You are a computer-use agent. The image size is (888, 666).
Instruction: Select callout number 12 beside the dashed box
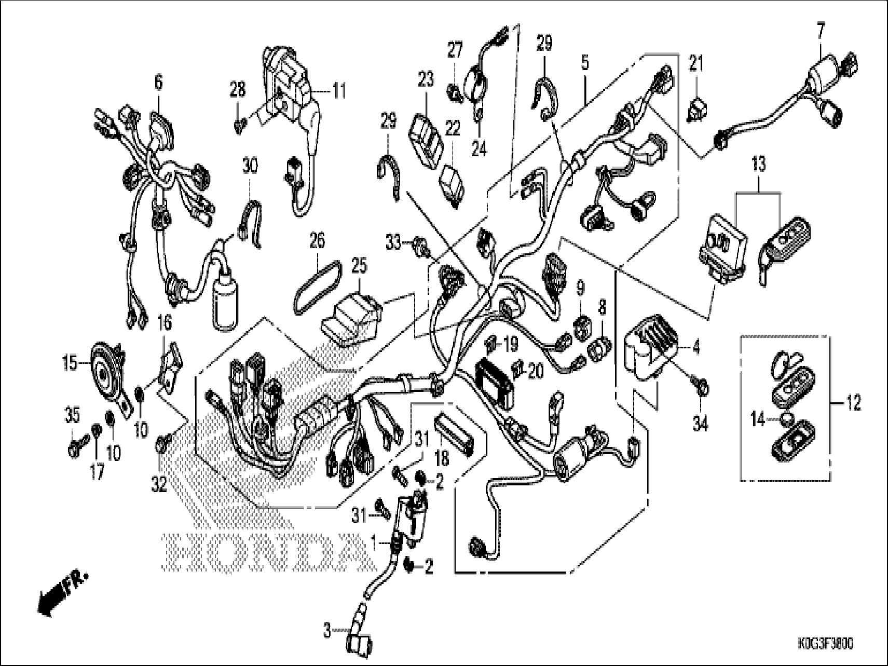coord(853,402)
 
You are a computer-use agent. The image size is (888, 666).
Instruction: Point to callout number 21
coord(695,65)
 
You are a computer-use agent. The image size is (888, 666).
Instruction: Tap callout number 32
coord(159,485)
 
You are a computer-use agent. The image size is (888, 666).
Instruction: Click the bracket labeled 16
coord(171,366)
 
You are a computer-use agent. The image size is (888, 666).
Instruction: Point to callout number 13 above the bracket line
coord(758,166)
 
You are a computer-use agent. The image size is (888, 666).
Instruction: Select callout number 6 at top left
coord(158,81)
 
